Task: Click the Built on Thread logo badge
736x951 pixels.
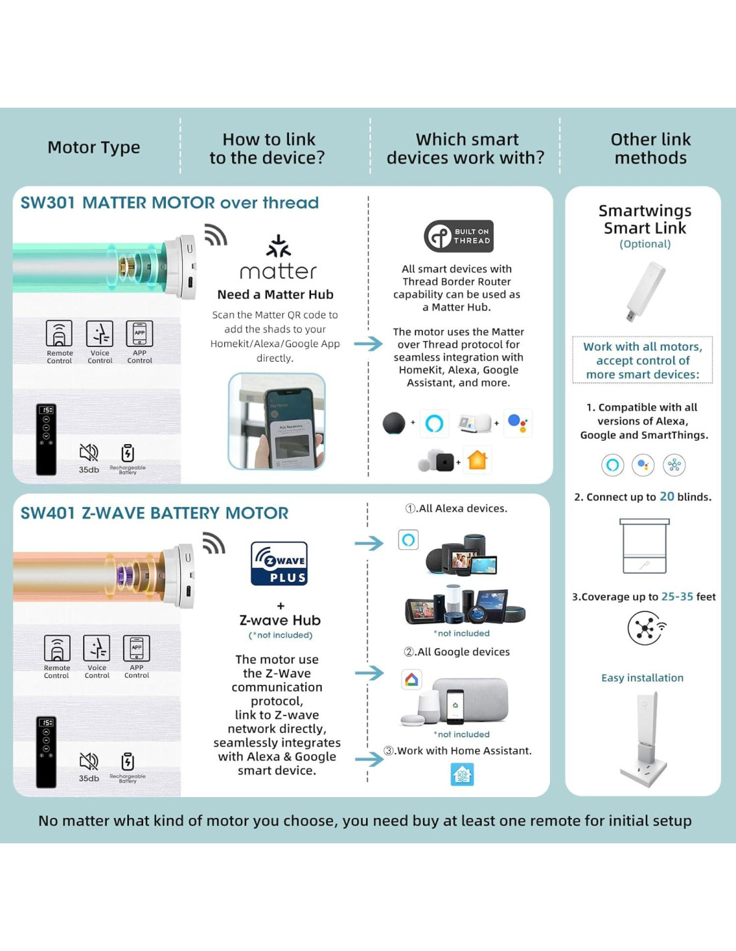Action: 459,236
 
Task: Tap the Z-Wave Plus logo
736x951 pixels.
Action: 279,563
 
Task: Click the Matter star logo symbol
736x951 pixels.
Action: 278,246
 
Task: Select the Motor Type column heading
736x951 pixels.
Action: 94,147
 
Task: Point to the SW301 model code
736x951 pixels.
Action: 48,203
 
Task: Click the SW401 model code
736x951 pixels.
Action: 48,513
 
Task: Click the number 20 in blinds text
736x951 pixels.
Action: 666,496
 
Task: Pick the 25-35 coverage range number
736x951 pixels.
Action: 677,596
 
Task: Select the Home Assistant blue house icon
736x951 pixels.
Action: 462,774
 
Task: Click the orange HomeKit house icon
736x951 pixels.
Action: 478,460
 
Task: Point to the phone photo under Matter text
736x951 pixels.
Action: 276,421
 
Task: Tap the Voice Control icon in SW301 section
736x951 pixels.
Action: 100,334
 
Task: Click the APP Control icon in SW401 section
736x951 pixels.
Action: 136,648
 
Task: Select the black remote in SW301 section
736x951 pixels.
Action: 46,439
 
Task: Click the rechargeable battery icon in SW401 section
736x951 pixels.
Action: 128,762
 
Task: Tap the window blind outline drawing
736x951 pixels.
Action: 644,546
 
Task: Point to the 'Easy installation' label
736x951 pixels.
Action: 642,677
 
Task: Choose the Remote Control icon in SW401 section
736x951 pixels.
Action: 57,648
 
